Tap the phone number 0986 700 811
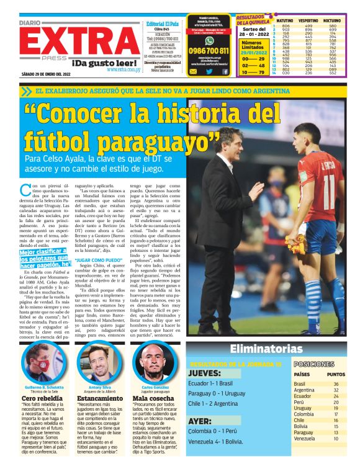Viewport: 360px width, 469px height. [x=208, y=51]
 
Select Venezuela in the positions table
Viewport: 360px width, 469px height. [x=305, y=439]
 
